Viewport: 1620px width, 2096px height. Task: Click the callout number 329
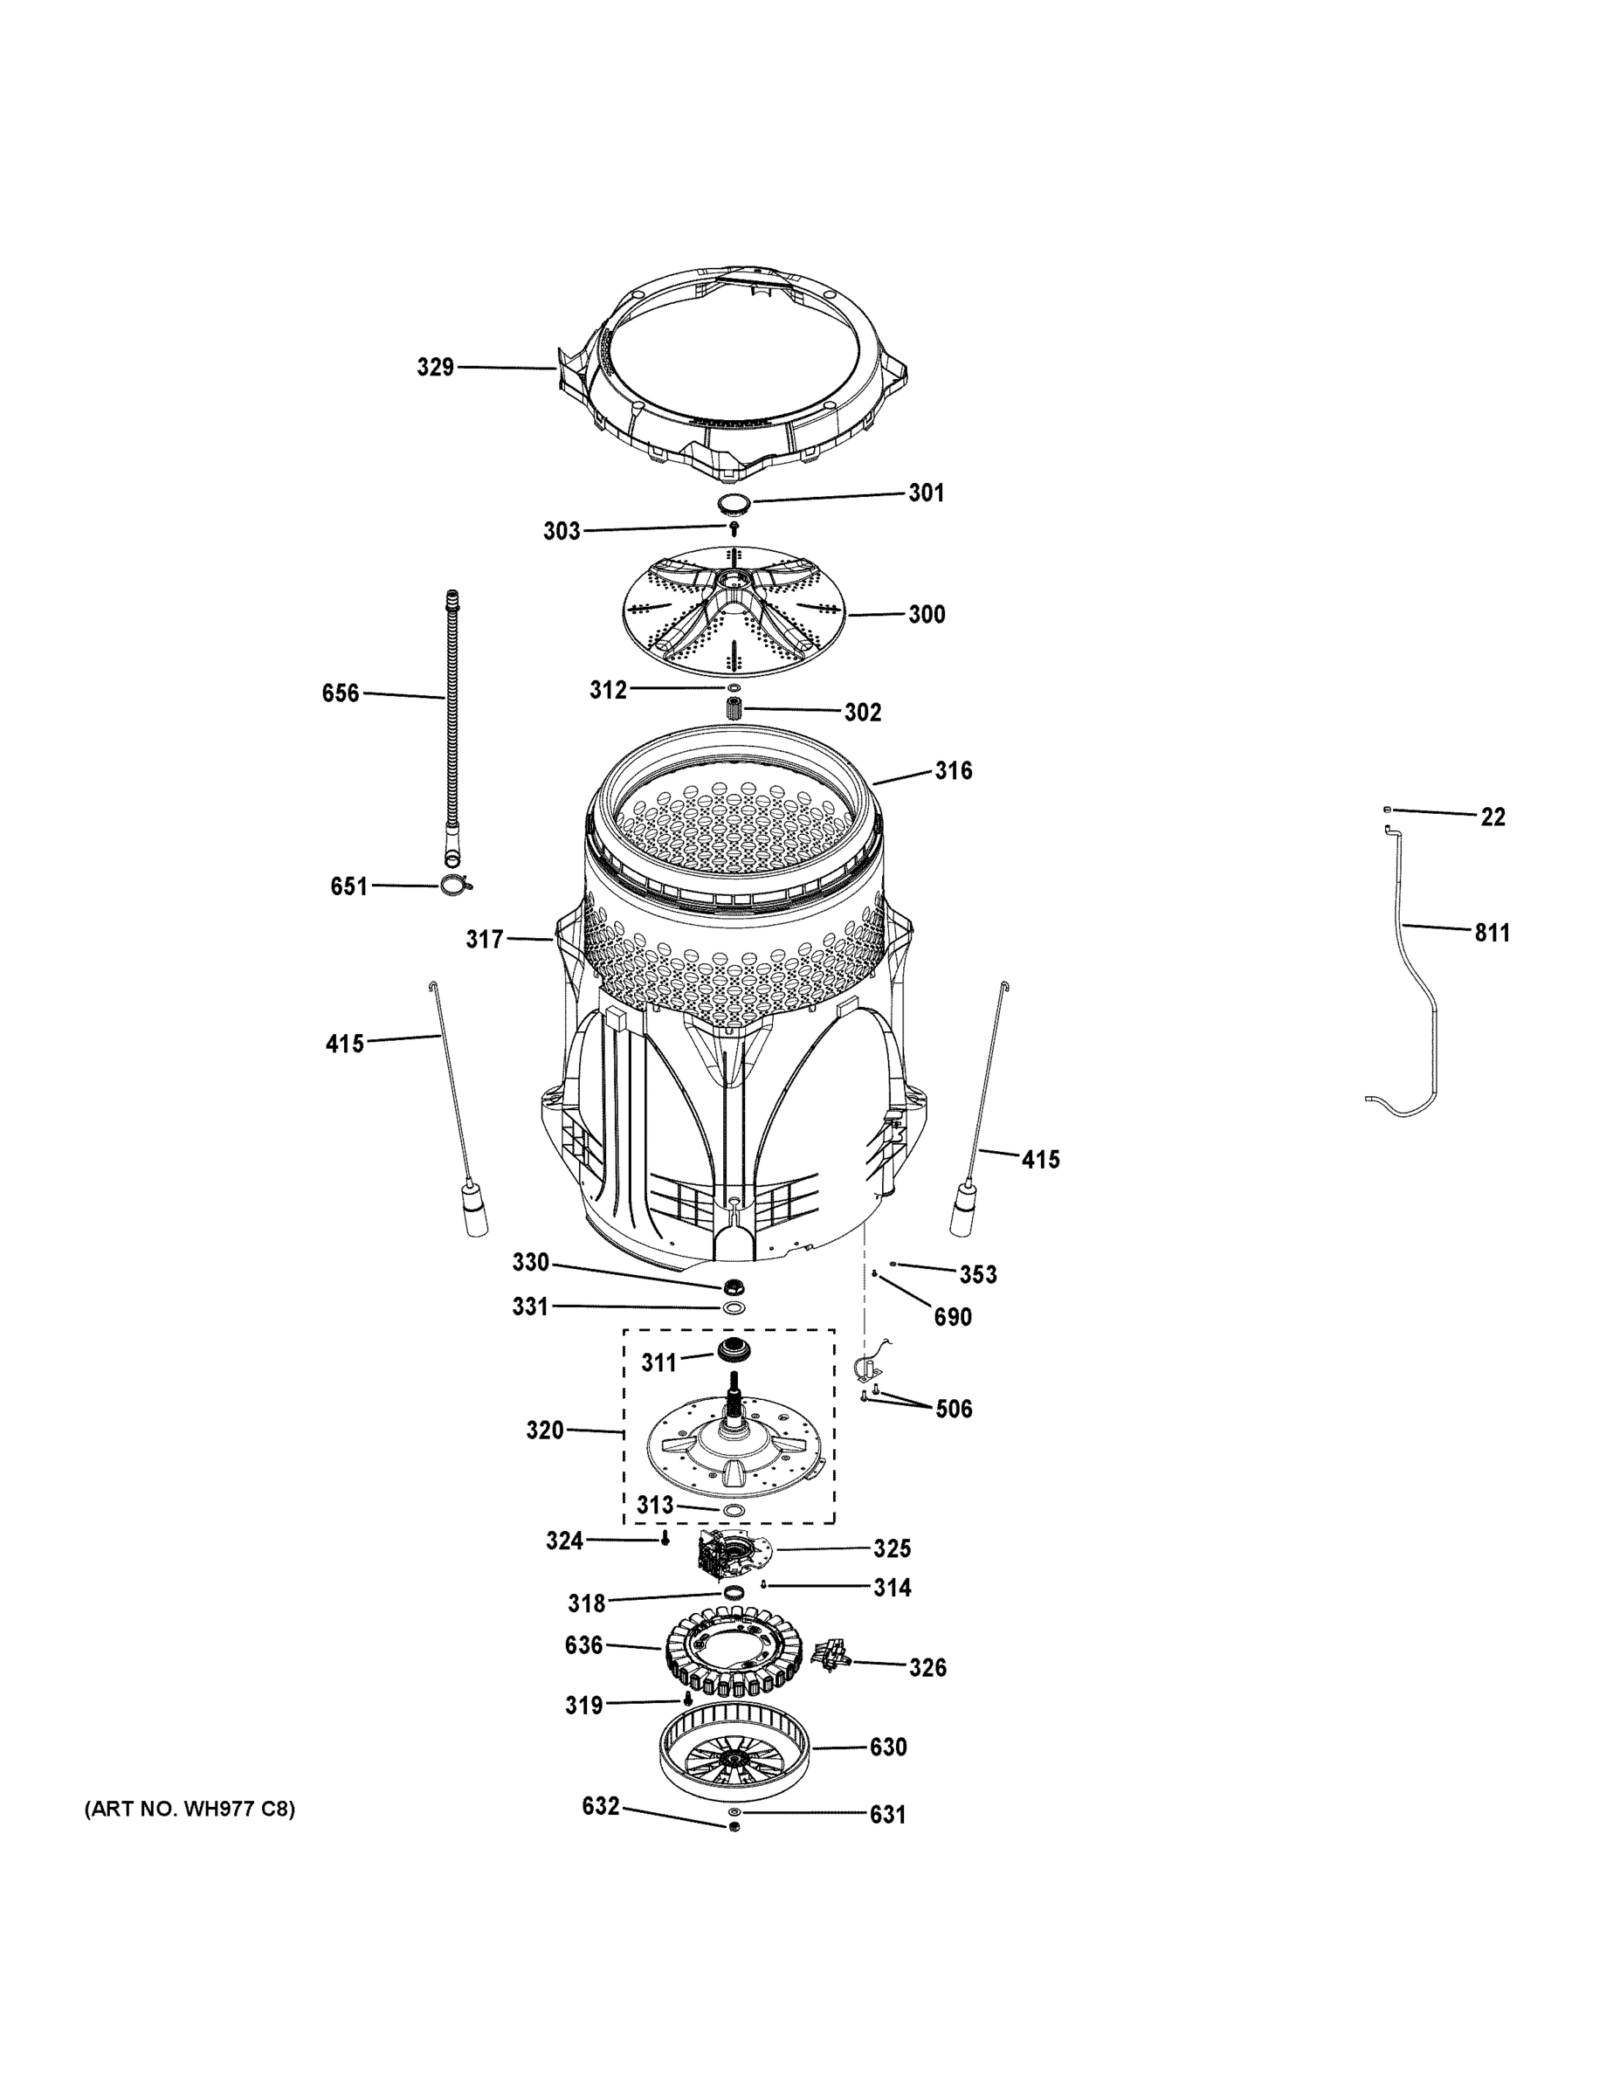[x=435, y=367]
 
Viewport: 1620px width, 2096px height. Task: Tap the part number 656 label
[x=341, y=693]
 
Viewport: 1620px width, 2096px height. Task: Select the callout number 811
[x=1492, y=932]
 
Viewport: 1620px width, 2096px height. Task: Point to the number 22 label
[x=1492, y=817]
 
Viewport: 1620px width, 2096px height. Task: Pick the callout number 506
[x=953, y=1409]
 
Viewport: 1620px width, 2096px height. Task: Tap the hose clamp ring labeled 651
[x=454, y=886]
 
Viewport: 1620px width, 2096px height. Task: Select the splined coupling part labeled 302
[x=735, y=711]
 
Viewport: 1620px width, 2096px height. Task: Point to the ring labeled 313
[x=734, y=1512]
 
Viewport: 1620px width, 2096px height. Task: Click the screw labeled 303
[x=734, y=527]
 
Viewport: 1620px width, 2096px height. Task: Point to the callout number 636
[x=583, y=1645]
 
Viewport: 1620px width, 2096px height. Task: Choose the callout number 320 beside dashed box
[x=544, y=1431]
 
